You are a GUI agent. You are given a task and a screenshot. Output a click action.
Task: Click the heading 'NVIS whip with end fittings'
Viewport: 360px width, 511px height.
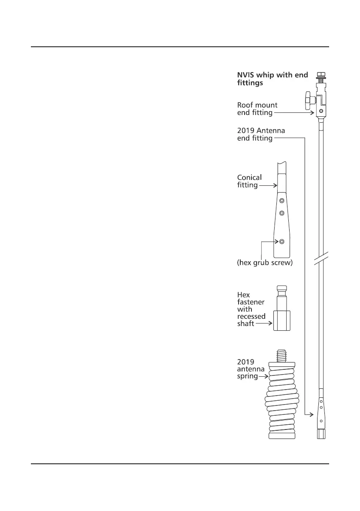click(272, 79)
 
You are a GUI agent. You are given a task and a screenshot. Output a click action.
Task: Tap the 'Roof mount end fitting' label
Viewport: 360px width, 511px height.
click(257, 109)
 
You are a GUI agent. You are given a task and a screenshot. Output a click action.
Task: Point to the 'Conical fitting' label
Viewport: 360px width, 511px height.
click(249, 181)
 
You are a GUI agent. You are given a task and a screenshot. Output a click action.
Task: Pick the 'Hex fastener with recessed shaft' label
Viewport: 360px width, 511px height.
click(251, 309)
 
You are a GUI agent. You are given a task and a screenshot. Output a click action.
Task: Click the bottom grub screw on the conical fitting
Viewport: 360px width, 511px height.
click(281, 242)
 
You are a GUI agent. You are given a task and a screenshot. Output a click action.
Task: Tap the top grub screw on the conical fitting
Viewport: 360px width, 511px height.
click(281, 201)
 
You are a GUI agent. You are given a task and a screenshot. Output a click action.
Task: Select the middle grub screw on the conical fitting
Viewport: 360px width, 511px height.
click(281, 213)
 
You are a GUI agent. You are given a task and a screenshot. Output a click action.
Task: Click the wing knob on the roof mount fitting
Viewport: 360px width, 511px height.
click(308, 100)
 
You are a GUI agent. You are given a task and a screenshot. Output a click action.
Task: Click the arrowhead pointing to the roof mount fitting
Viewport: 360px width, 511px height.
click(314, 113)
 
